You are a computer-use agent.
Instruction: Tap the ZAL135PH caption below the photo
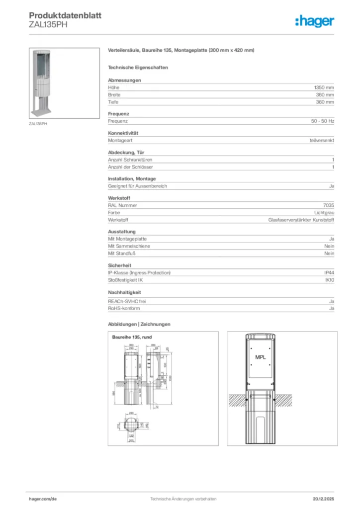38,124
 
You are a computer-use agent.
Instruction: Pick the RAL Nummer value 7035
328,205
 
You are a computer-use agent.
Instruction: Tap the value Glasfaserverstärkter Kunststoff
301,220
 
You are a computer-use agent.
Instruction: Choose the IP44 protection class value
329,273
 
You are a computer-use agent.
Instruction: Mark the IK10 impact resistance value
329,280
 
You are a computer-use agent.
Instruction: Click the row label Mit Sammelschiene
129,246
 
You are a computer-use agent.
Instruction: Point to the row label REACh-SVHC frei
127,301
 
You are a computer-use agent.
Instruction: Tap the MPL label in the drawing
261,357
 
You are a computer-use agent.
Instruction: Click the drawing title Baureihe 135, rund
132,338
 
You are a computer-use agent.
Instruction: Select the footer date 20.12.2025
323,499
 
